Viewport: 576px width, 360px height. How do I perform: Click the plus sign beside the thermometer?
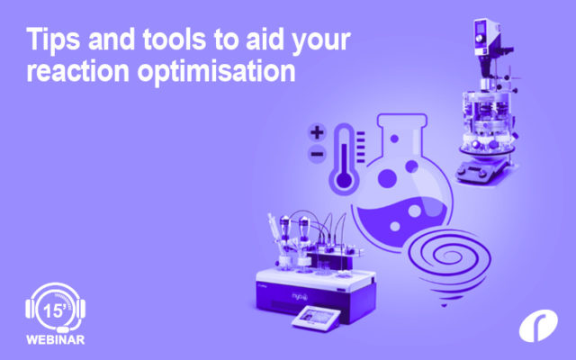(x=317, y=132)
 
